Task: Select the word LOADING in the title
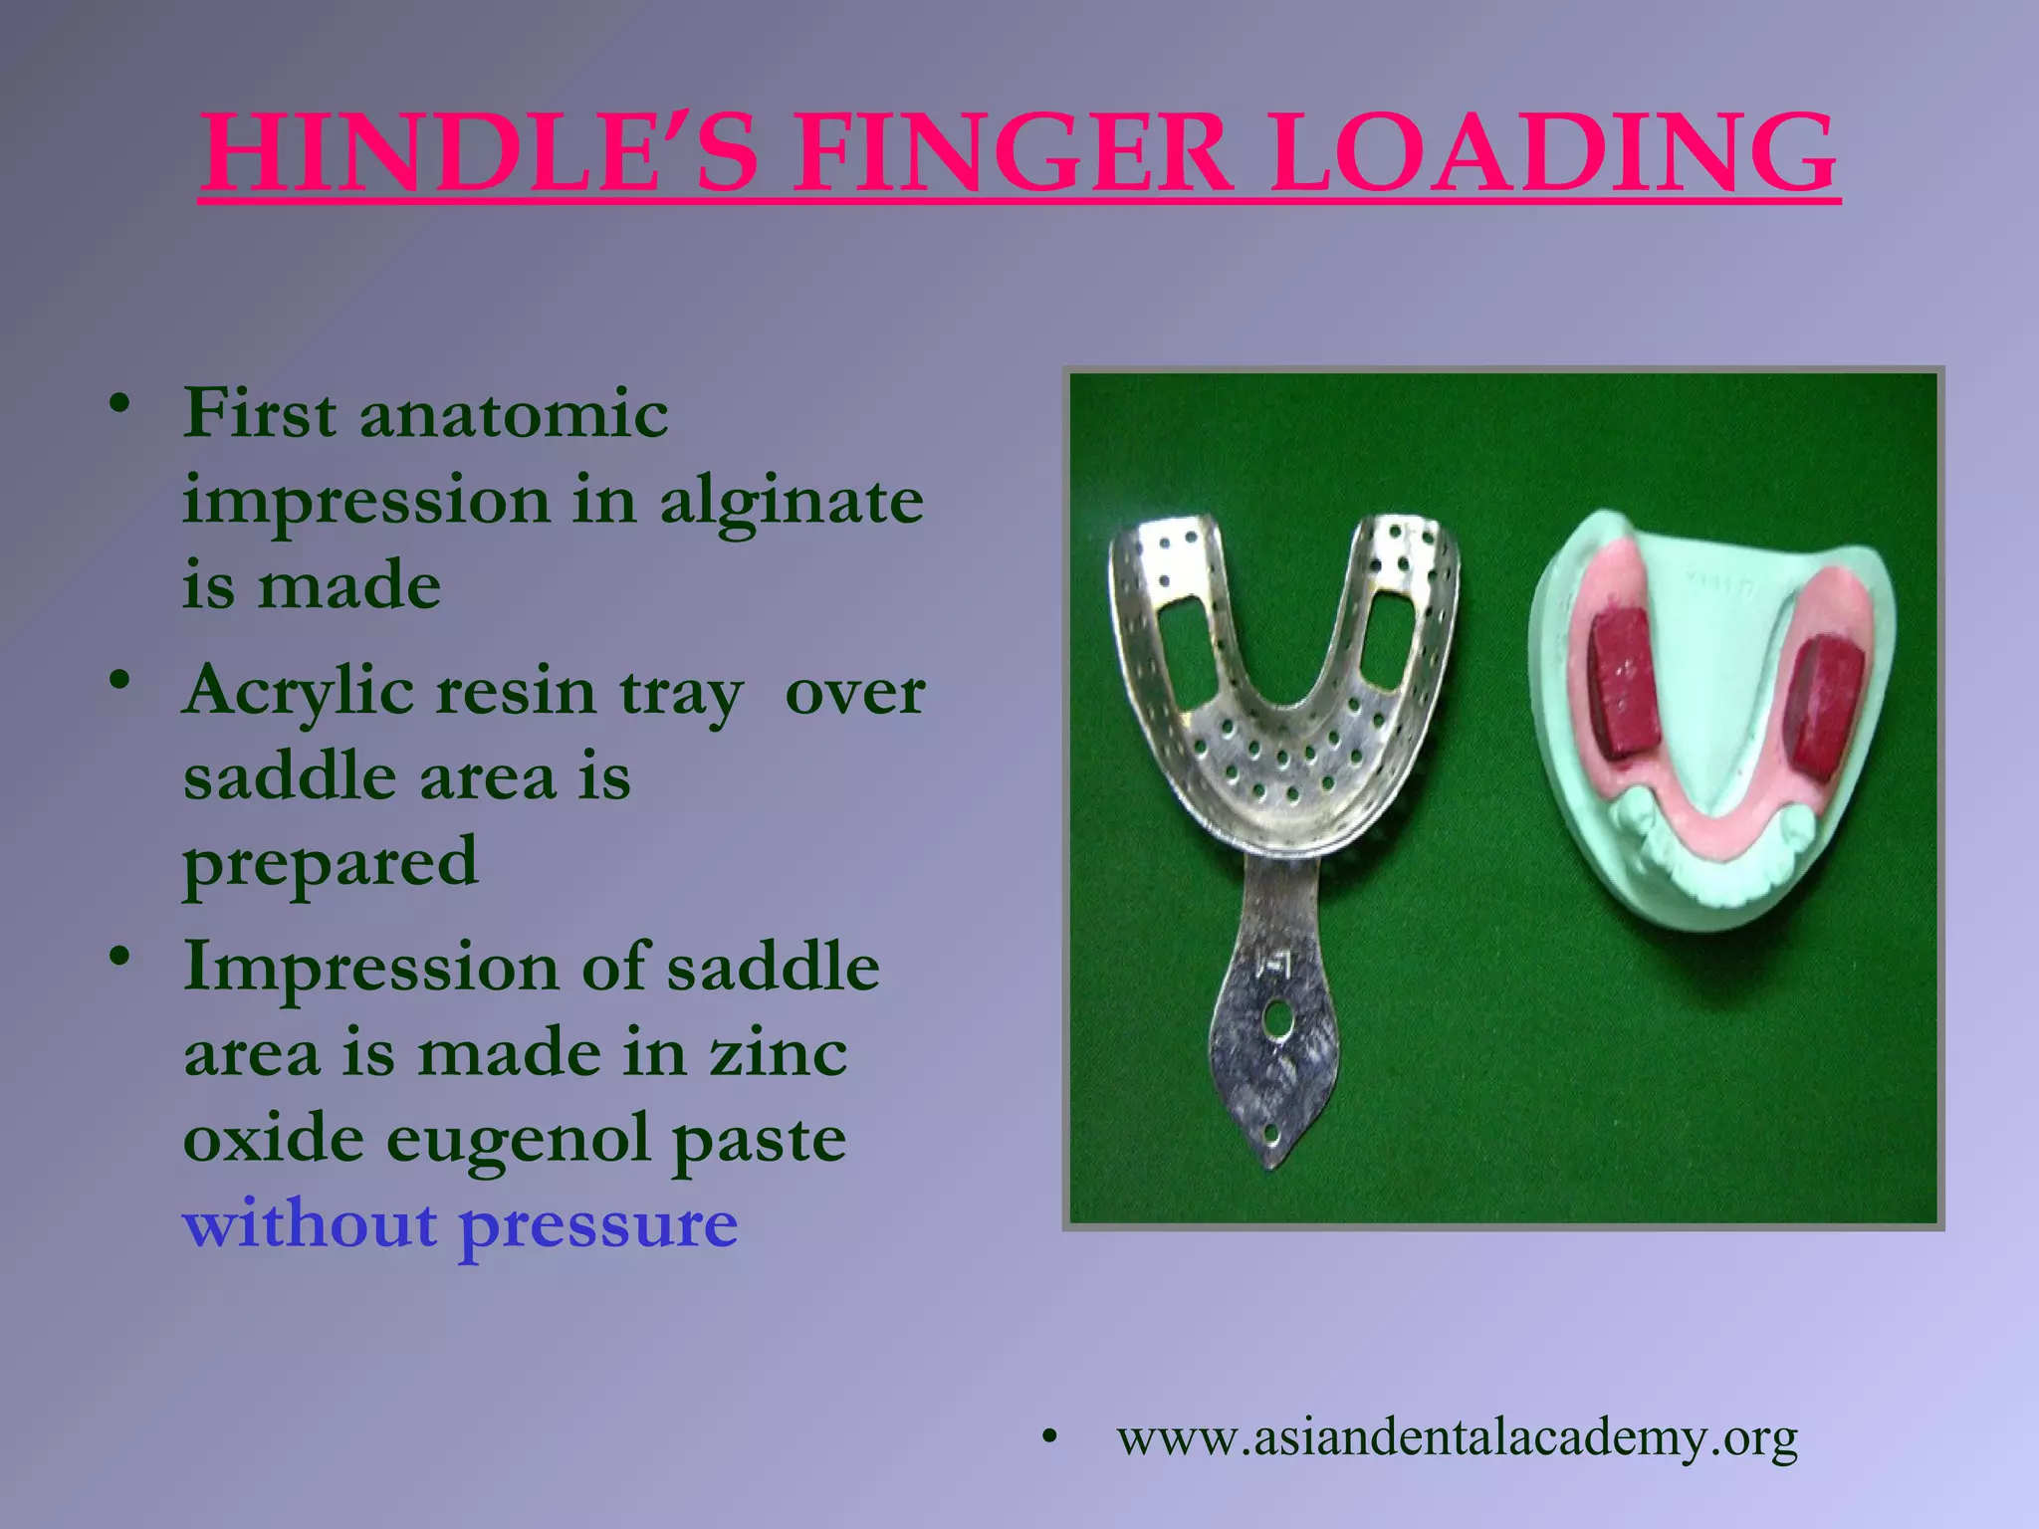[1553, 153]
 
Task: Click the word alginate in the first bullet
[792, 501]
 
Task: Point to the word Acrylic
[298, 692]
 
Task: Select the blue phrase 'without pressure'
[460, 1224]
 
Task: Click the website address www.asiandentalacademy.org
[1457, 1437]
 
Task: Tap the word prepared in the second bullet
[331, 862]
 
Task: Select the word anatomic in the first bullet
[514, 413]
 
